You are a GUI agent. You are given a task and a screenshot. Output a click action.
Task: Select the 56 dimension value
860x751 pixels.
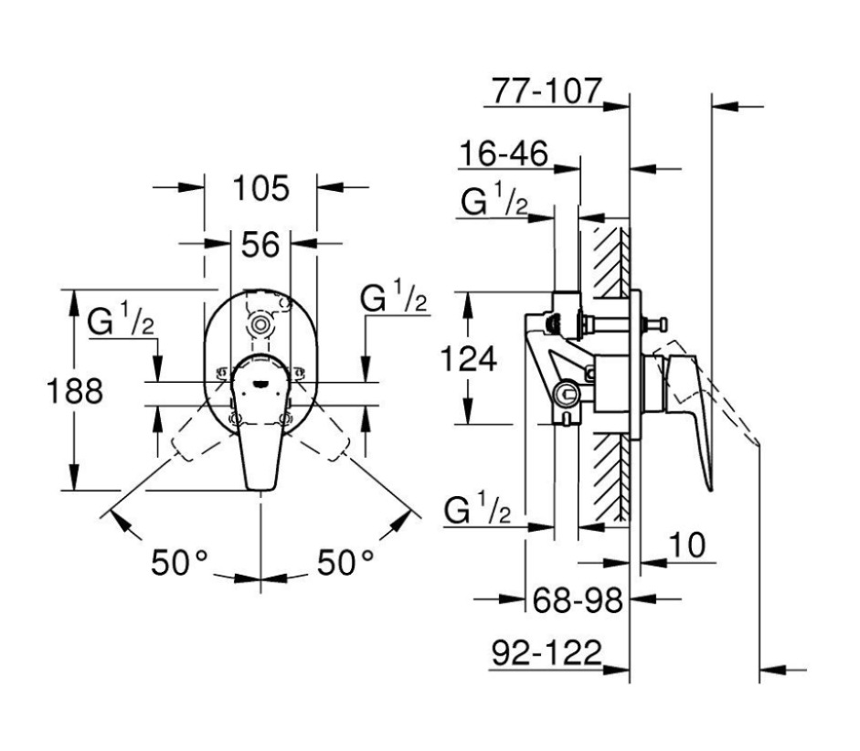(260, 245)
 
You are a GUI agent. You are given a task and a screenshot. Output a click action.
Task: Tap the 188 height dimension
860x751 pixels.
(75, 391)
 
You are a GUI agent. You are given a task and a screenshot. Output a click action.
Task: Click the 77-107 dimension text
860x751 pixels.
(547, 91)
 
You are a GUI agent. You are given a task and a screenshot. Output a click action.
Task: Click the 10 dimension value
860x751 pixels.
(686, 545)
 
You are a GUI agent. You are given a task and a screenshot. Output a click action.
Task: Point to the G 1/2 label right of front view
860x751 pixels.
(394, 299)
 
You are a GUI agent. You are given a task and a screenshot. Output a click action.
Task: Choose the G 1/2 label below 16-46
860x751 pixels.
(494, 203)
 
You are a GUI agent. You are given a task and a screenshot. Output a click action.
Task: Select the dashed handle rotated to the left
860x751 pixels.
(196, 434)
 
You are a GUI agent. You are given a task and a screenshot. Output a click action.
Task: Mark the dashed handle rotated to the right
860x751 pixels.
(324, 434)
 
